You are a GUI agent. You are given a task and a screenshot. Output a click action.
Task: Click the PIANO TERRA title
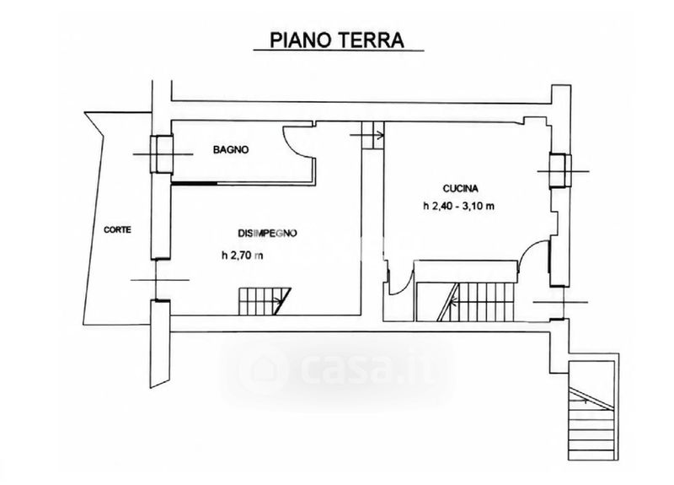pos(337,40)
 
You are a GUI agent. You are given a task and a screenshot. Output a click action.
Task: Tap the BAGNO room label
pos(231,150)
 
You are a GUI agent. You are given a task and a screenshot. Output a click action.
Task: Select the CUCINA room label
pos(460,188)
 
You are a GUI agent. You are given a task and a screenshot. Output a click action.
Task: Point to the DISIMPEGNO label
pos(267,234)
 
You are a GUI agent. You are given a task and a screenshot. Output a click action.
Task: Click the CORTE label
pos(117,229)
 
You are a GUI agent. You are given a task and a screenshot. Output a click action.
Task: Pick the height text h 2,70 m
pos(243,256)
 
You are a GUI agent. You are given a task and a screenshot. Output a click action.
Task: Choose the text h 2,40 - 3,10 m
pos(458,206)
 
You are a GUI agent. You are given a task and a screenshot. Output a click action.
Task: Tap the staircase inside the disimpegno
pos(265,301)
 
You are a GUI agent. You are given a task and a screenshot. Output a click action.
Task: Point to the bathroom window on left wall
pos(162,154)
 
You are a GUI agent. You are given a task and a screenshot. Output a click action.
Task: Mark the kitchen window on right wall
pos(560,171)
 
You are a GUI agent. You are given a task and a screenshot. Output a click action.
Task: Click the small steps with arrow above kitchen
pos(372,135)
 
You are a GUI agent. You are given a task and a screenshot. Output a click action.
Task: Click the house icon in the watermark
pos(263,370)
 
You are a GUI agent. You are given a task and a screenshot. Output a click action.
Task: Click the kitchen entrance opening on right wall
pos(560,302)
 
